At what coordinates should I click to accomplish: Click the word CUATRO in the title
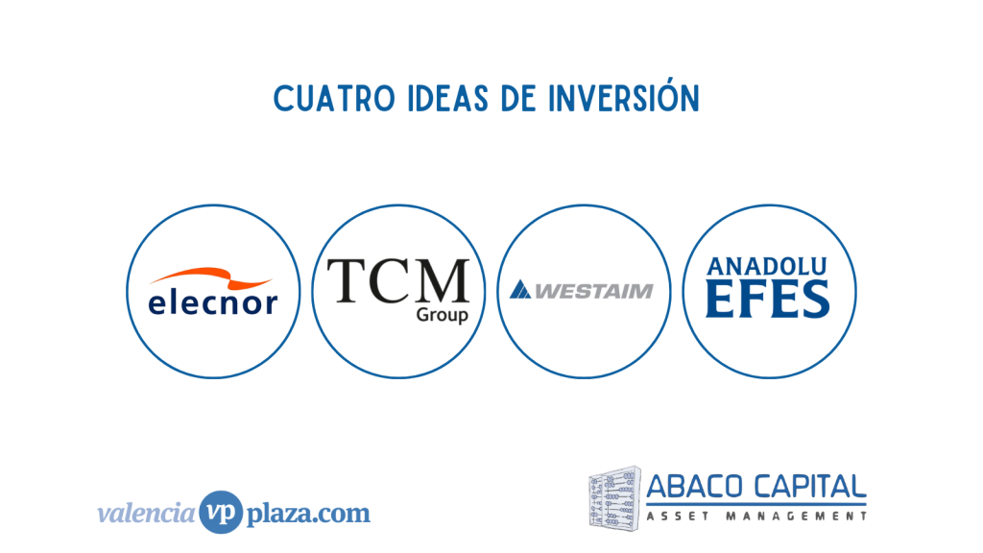[334, 99]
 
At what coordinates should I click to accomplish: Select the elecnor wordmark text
[212, 302]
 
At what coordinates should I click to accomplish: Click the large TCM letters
[398, 281]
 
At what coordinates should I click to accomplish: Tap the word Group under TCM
[442, 315]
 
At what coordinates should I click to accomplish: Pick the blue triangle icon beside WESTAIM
[519, 290]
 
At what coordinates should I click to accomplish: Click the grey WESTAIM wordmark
[593, 291]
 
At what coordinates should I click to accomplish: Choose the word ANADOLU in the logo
[767, 267]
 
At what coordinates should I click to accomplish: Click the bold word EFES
[768, 300]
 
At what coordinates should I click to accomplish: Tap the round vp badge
[221, 513]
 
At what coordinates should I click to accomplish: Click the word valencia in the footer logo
[147, 513]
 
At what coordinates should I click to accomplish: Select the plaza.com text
[308, 514]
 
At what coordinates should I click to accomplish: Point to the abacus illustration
[615, 498]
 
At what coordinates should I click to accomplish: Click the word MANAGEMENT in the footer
[797, 517]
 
